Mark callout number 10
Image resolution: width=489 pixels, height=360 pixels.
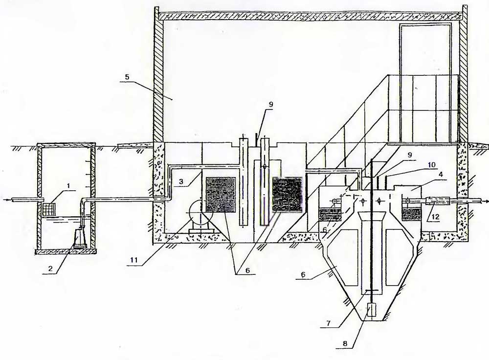(432, 164)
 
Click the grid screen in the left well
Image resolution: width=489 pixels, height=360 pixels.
(49, 209)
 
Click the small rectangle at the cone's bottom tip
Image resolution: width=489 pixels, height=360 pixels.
(371, 310)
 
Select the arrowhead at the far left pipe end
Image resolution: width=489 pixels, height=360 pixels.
(4, 199)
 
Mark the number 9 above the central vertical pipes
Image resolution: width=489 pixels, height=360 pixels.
(270, 105)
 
